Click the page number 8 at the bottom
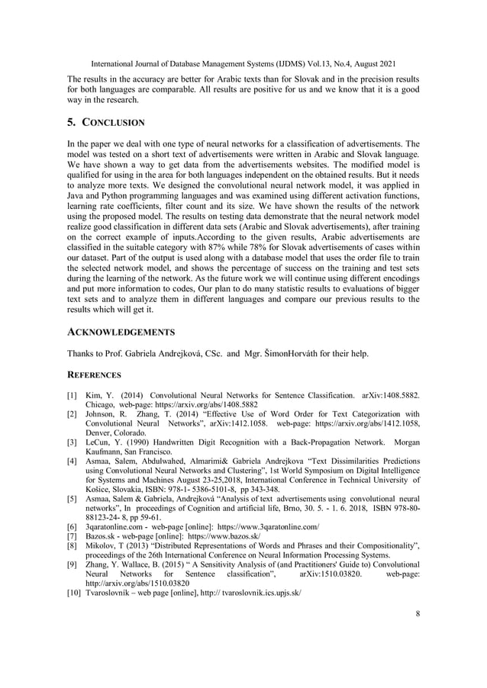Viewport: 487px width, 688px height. tap(418, 612)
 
